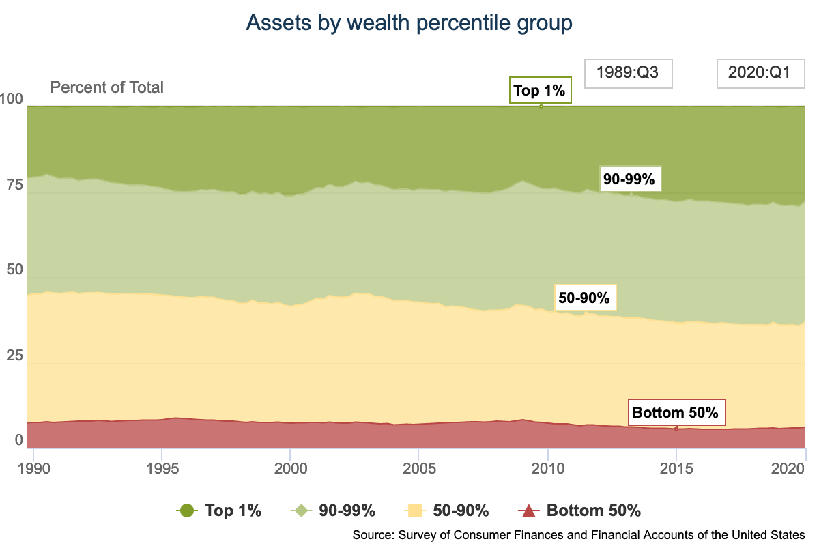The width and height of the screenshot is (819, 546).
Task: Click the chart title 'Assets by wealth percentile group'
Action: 409,23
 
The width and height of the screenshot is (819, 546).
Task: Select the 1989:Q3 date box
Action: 628,73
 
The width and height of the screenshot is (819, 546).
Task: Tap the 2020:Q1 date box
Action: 759,73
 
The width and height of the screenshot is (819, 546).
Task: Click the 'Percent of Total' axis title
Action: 107,87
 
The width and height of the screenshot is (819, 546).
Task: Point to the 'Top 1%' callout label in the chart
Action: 540,90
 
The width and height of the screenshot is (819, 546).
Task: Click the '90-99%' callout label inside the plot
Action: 629,179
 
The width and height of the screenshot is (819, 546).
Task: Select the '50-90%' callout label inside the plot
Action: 584,298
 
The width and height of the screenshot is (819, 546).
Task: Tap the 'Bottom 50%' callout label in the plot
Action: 675,412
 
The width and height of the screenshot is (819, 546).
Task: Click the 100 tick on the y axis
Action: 14,99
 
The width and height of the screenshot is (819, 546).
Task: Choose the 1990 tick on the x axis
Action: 33,470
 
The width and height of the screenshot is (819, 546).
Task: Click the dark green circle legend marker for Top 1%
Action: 186,511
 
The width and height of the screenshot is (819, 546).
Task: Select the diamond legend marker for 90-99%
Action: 301,511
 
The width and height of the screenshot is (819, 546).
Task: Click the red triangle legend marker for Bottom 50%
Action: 530,511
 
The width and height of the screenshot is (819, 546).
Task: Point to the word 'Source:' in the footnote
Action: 370,534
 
